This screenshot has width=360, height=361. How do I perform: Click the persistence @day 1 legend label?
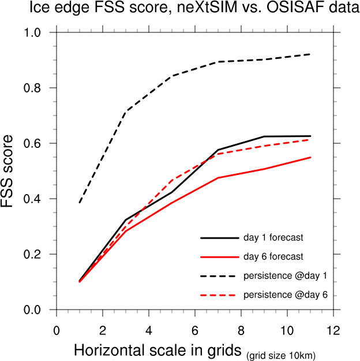tap(286, 276)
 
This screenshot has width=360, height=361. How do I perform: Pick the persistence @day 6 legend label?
tap(286, 295)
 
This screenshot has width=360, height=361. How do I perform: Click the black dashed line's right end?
tap(310, 54)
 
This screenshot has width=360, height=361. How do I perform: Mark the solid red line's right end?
tap(310, 157)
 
